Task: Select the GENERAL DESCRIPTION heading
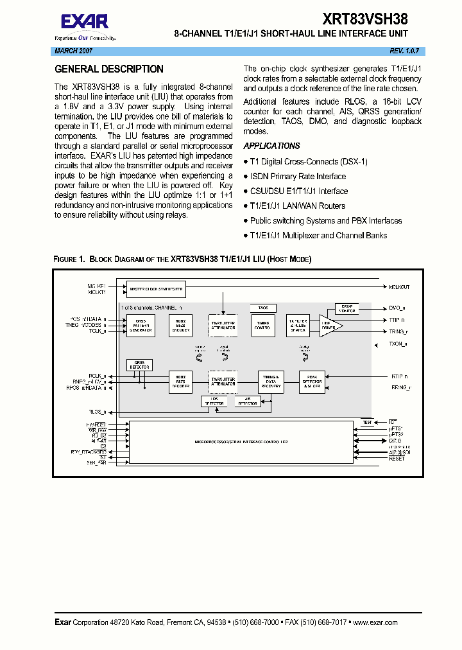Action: click(108, 69)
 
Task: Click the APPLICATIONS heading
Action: click(271, 146)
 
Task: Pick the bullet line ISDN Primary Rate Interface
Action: click(297, 176)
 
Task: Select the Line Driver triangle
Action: click(329, 326)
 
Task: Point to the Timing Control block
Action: click(263, 326)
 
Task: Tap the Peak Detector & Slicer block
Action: click(312, 382)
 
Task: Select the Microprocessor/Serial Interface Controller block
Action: click(241, 443)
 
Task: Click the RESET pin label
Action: click(397, 459)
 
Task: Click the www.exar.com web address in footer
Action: click(375, 622)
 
